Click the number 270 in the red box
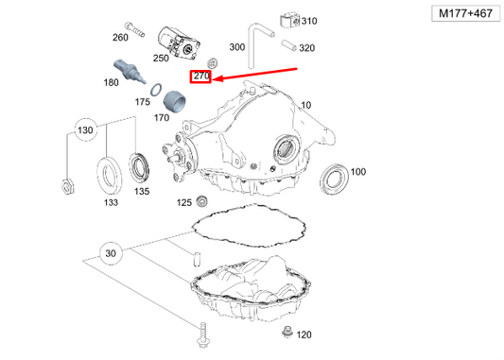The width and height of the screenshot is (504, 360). tap(200, 76)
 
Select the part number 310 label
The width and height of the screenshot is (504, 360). tap(309, 21)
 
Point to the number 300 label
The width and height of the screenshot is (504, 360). tap(237, 46)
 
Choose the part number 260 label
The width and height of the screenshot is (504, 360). tap(120, 38)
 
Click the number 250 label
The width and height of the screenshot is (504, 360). tap(161, 59)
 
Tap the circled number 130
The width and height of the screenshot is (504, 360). tap(86, 129)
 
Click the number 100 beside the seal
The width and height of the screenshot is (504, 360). tap(357, 172)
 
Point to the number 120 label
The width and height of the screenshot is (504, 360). tap(304, 335)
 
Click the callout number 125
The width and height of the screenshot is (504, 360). tap(183, 202)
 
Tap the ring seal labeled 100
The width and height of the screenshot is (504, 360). tap(333, 177)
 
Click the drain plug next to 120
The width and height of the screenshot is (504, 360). tap(287, 332)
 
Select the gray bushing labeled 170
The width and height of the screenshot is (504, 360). tap(174, 98)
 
